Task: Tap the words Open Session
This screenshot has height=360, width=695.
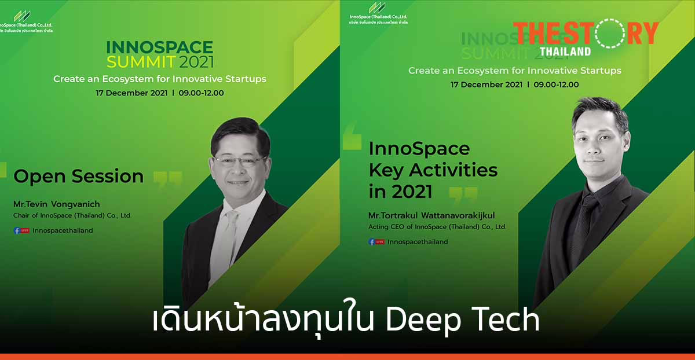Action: [78, 176]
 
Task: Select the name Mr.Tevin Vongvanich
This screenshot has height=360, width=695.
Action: [56, 204]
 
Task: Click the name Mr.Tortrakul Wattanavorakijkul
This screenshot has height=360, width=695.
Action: [436, 216]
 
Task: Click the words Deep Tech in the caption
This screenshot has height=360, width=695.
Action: [463, 320]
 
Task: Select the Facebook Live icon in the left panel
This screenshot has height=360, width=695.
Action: [21, 230]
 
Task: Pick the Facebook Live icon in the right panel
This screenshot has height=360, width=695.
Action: [376, 242]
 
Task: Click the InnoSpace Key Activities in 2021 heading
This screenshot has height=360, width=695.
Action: [433, 170]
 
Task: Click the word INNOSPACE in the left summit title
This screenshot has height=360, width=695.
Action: [160, 47]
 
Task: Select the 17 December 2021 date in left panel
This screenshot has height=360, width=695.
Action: [132, 93]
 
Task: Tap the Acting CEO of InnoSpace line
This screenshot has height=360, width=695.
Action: [437, 227]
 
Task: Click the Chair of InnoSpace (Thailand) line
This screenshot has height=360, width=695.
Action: [72, 215]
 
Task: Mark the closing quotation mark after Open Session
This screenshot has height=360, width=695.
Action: [168, 179]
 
